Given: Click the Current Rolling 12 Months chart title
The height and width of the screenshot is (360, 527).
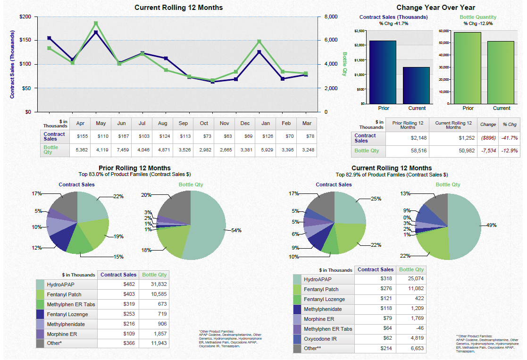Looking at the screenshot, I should (179, 8).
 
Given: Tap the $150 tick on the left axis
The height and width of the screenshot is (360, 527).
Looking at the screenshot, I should (25, 41).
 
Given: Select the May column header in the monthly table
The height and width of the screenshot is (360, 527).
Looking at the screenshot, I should (100, 124).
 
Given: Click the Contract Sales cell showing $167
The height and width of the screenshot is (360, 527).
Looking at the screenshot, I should (121, 137).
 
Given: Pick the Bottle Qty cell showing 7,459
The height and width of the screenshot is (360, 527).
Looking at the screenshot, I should (121, 150).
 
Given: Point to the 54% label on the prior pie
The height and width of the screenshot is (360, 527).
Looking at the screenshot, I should (236, 231).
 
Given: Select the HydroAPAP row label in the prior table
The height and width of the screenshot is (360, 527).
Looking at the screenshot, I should (61, 285).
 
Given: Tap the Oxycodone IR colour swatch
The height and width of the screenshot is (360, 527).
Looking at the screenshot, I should (297, 339).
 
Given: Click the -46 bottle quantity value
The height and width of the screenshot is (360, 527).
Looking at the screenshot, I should (417, 328).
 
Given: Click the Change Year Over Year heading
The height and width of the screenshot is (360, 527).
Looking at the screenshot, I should (435, 8).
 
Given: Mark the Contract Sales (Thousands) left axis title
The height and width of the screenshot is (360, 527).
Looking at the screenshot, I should (13, 65).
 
